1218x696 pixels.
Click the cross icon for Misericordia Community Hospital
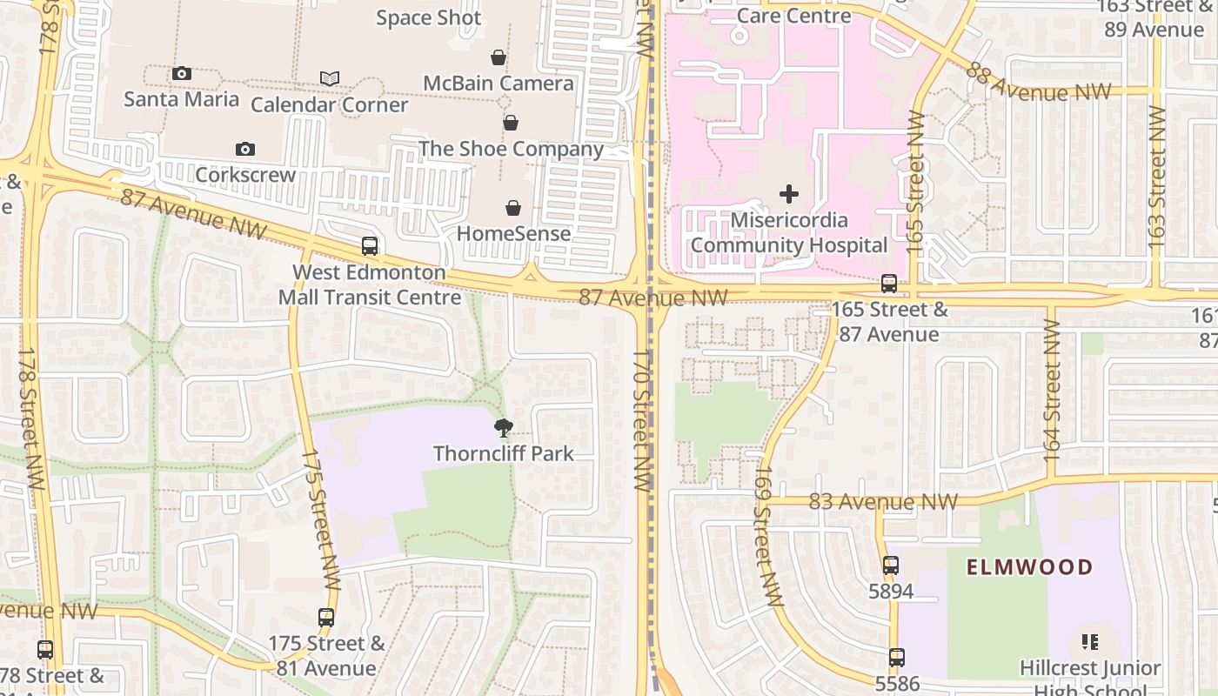tap(789, 193)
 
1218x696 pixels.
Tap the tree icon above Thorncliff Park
tap(503, 427)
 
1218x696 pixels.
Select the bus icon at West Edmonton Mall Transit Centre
tap(370, 246)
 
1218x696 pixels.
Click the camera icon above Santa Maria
tap(182, 73)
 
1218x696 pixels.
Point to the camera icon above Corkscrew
tap(245, 149)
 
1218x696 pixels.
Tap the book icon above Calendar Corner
tap(330, 79)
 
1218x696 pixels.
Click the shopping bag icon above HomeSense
tap(513, 208)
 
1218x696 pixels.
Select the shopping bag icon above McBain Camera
tap(499, 57)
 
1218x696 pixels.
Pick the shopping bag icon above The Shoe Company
tap(511, 123)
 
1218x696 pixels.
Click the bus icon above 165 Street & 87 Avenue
tap(888, 284)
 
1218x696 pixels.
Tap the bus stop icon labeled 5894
tap(891, 565)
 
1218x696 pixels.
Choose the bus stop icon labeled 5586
tap(897, 658)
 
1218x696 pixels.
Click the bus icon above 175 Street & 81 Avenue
tap(326, 618)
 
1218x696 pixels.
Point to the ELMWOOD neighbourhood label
tap(1029, 568)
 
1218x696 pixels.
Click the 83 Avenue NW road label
tap(883, 502)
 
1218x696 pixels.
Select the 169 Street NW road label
tap(769, 536)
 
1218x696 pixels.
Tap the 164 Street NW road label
tap(1052, 391)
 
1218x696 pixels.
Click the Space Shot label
tap(428, 17)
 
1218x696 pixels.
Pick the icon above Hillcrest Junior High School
tap(1090, 643)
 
